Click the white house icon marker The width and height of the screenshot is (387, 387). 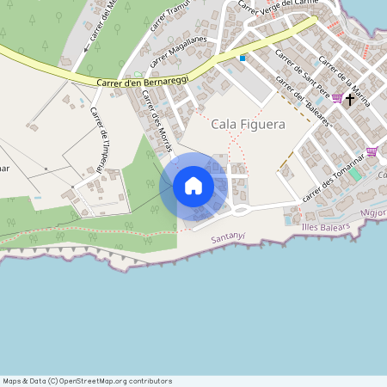pyautogui.click(x=193, y=186)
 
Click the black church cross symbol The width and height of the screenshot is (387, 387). pyautogui.click(x=349, y=100)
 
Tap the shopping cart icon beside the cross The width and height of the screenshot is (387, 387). pyautogui.click(x=336, y=99)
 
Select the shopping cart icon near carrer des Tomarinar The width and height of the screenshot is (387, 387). pyautogui.click(x=372, y=151)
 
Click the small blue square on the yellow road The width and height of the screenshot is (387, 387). pyautogui.click(x=243, y=58)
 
